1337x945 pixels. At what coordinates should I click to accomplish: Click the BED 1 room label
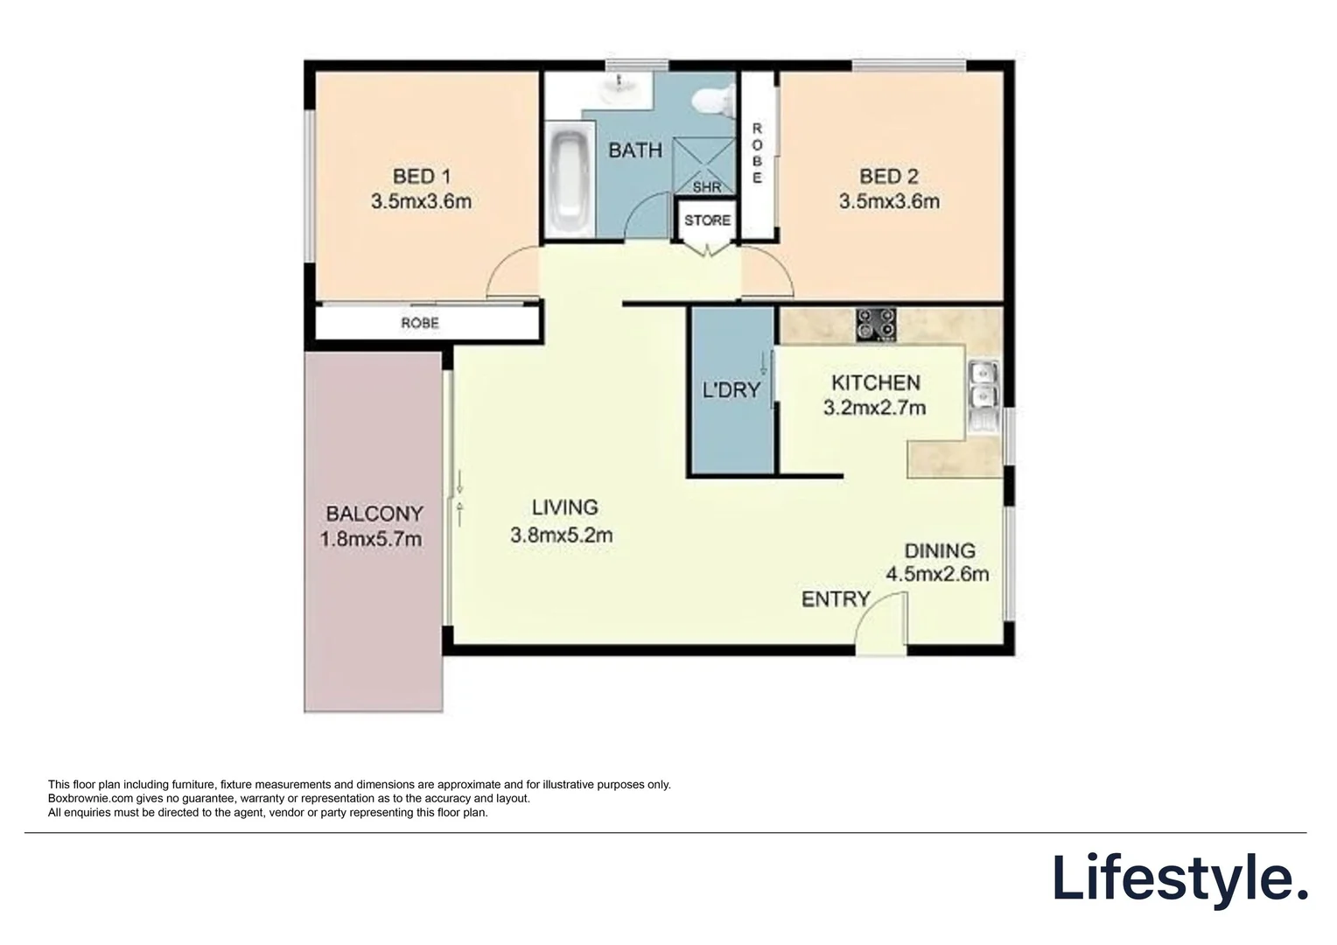[x=421, y=177]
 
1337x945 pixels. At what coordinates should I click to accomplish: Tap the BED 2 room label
[x=888, y=177]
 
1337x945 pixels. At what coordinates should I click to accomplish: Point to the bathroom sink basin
[x=623, y=87]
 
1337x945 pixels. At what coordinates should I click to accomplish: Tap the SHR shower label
[x=707, y=187]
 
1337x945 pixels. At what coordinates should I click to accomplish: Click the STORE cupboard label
[x=707, y=220]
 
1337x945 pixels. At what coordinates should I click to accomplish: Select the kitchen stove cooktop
[x=875, y=324]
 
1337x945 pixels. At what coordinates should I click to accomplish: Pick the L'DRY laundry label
[x=731, y=390]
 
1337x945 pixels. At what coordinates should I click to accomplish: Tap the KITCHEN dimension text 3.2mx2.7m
[x=874, y=408]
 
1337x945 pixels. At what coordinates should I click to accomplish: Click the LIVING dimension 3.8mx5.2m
[x=561, y=535]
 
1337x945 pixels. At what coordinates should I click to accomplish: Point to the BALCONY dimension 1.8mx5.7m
[x=371, y=539]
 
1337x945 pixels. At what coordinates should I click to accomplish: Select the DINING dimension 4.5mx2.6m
[x=937, y=575]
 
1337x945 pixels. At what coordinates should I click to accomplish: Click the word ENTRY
[x=836, y=599]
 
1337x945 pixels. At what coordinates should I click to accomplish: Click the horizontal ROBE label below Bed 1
[x=420, y=323]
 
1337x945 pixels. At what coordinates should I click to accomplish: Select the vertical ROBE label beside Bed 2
[x=757, y=153]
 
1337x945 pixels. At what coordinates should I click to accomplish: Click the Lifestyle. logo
[x=1179, y=878]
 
